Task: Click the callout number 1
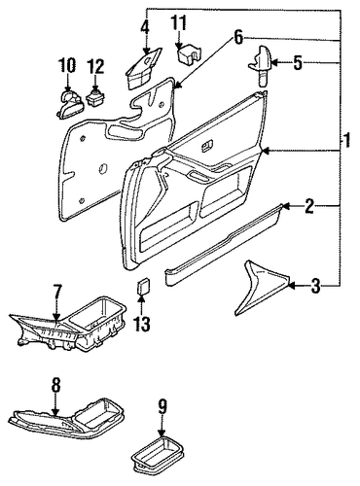(x=346, y=141)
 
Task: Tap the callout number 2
(x=309, y=206)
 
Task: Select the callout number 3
(x=315, y=286)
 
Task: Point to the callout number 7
(x=56, y=293)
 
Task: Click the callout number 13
(x=142, y=323)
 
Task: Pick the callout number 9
(x=162, y=406)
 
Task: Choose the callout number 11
(x=179, y=23)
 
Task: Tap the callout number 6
(x=238, y=38)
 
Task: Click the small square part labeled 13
(x=143, y=286)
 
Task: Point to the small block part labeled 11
(x=189, y=52)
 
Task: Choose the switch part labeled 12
(x=95, y=97)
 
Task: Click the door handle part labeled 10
(x=70, y=105)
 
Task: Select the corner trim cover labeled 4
(x=143, y=69)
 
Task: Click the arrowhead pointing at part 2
(x=285, y=206)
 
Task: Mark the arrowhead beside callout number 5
(x=273, y=62)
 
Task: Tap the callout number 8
(x=55, y=386)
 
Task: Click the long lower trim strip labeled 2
(x=224, y=244)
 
